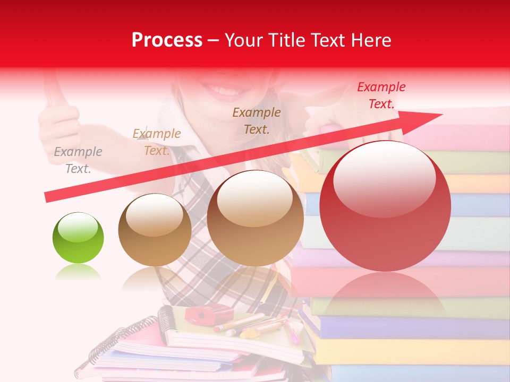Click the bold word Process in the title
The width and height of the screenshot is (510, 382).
coord(167,40)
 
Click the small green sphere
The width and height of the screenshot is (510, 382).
coord(78,238)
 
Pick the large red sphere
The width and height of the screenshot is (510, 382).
coord(385,206)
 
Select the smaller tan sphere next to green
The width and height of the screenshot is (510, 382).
coord(155,230)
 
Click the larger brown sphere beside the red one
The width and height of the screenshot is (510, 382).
coord(255,218)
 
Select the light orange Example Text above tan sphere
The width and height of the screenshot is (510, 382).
coord(156,142)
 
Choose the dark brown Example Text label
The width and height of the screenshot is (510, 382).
coord(257,120)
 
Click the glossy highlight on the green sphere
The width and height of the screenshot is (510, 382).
coord(78,229)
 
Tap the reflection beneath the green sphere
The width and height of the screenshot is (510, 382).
coord(78,273)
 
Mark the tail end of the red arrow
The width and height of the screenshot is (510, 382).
coord(48,197)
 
